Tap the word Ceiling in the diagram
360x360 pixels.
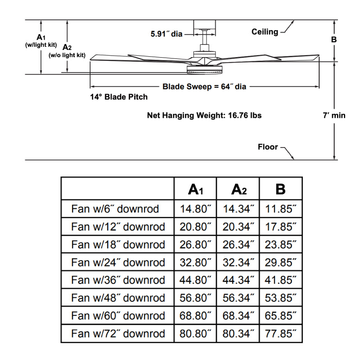click(x=265, y=31)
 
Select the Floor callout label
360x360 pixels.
click(x=268, y=147)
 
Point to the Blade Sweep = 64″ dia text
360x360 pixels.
click(x=204, y=86)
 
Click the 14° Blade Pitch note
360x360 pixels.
click(x=119, y=97)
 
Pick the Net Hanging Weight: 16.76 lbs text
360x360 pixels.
click(x=204, y=115)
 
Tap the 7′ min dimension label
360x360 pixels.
click(x=334, y=115)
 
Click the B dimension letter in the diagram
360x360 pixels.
click(x=334, y=40)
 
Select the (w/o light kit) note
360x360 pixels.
click(x=67, y=55)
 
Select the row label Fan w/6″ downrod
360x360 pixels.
click(x=115, y=209)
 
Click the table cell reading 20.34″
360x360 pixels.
click(x=238, y=227)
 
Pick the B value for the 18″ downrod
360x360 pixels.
click(x=281, y=245)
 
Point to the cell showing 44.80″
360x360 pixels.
click(x=195, y=280)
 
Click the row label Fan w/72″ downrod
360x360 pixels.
click(x=118, y=334)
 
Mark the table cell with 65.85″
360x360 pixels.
click(x=281, y=316)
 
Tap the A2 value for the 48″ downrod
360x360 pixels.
click(x=238, y=298)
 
